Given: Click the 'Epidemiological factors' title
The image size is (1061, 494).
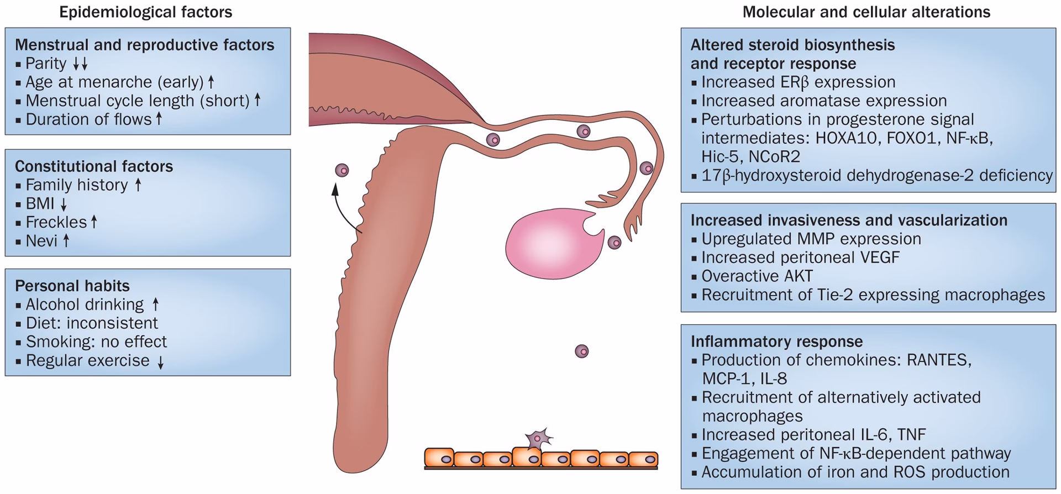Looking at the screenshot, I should pos(145,12).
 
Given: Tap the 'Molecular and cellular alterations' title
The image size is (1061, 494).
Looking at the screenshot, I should pos(866,12).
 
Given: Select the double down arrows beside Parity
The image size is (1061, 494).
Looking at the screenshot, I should pos(80,64).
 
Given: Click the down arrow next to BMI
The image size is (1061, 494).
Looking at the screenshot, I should pos(64,204).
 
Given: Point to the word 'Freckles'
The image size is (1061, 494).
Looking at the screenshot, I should pos(56,222).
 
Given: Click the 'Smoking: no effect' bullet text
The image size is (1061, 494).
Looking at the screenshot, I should pos(96,341).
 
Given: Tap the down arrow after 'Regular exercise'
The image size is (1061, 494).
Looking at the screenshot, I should pos(160,362).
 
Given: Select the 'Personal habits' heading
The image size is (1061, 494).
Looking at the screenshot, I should pos(72,286).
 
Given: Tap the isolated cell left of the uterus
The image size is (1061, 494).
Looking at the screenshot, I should pos(343,170).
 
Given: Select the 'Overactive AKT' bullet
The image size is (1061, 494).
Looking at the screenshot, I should pos(757,276).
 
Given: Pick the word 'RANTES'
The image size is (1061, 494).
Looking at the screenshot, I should pos(939,360).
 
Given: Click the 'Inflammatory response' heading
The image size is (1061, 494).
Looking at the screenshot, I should pos(776,341).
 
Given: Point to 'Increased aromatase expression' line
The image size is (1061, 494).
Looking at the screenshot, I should pos(823,101).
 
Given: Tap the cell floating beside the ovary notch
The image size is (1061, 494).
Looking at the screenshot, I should pos(614,242).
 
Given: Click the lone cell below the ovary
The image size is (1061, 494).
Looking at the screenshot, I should pos(581,351).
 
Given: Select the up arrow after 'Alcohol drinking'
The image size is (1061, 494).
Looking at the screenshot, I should pos(155,304).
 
